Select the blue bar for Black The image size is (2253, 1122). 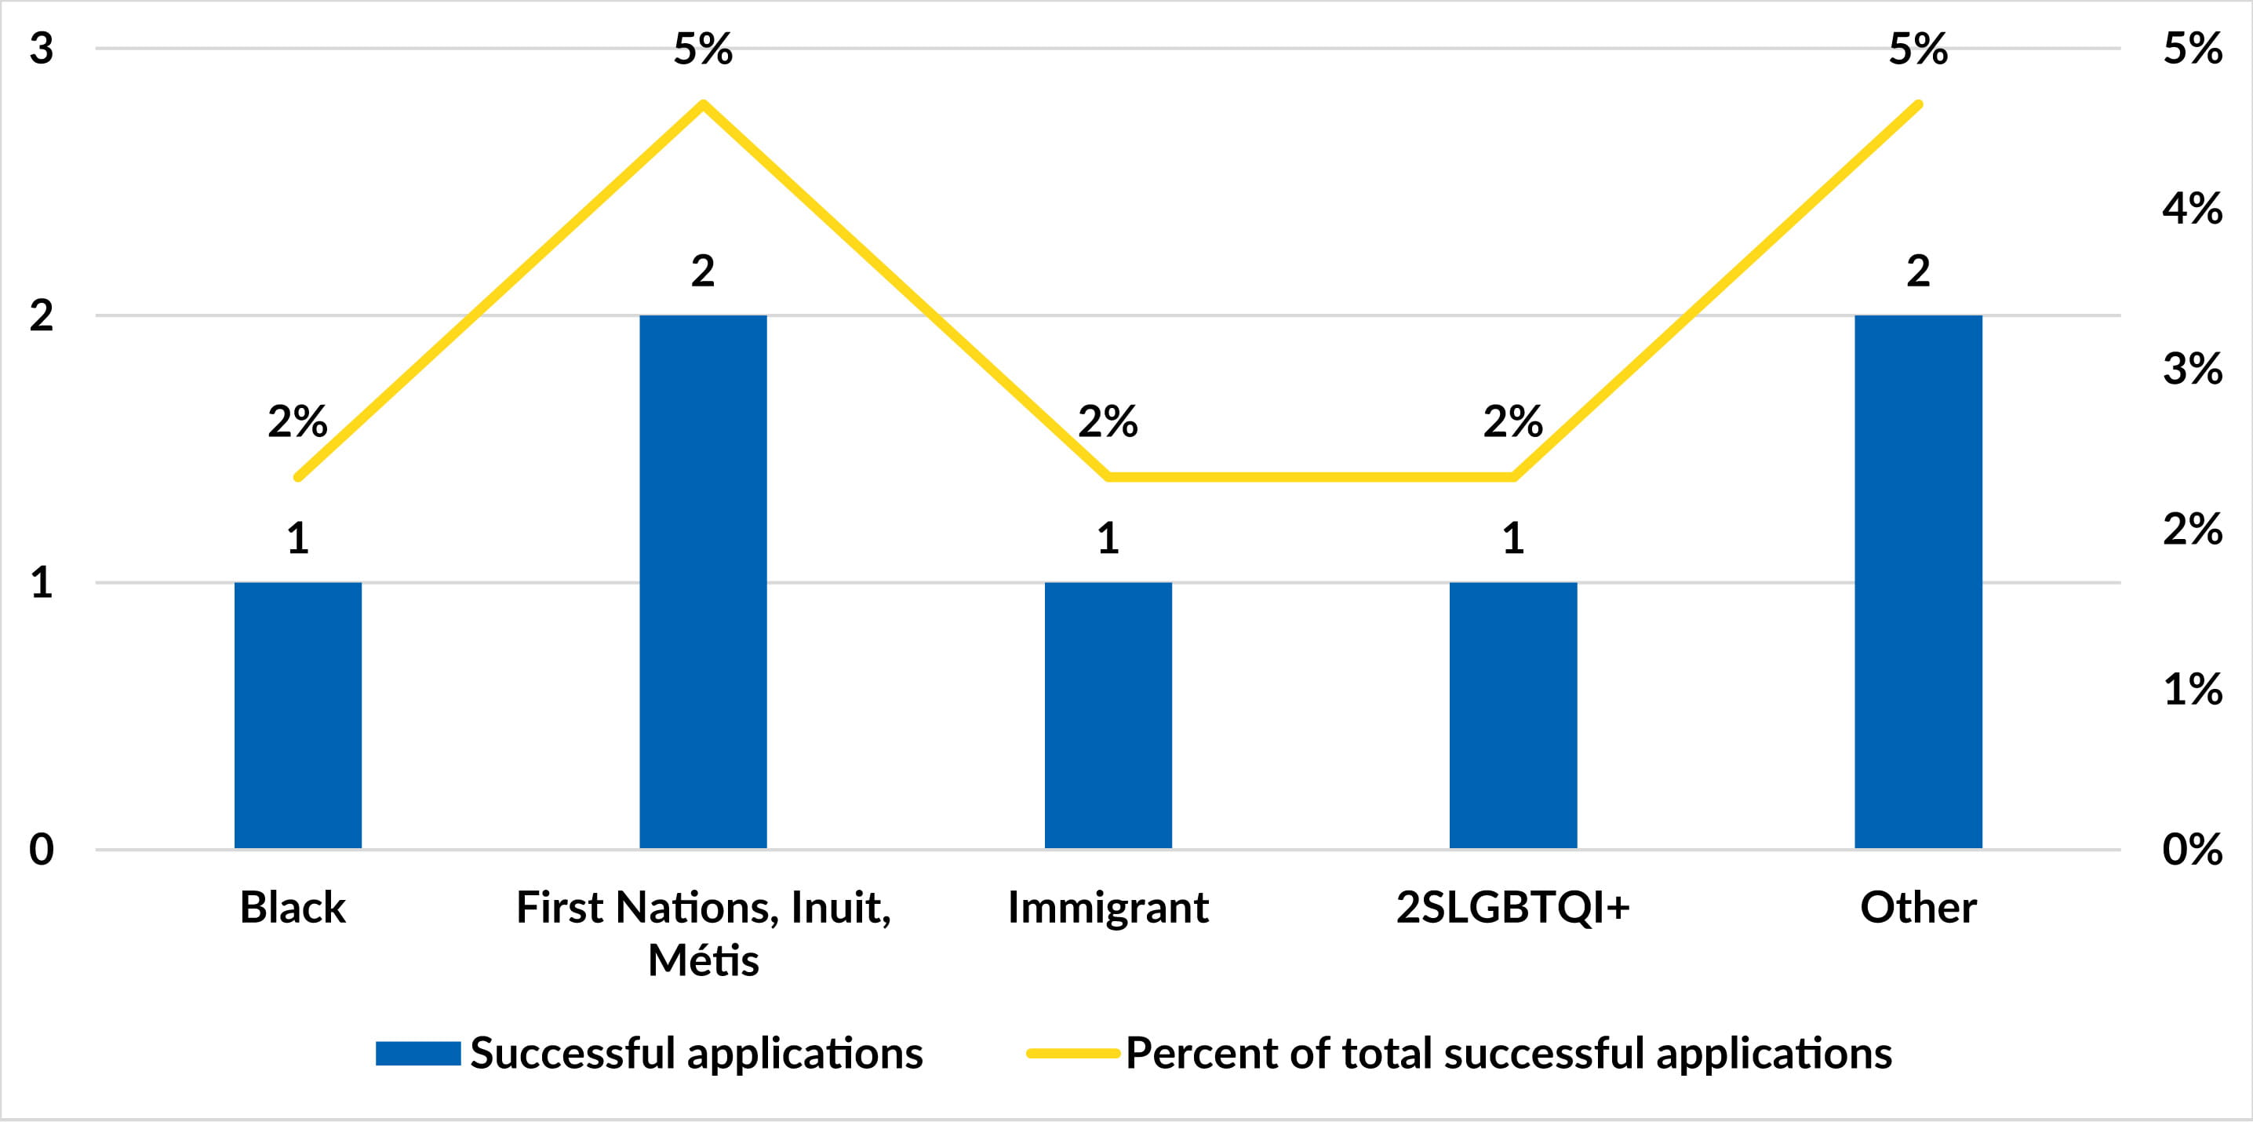tap(297, 715)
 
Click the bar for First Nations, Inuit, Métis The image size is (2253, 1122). tap(702, 581)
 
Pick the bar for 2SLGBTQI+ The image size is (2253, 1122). tap(1512, 715)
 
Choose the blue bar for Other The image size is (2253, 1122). tap(1917, 581)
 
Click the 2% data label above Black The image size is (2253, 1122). tap(297, 421)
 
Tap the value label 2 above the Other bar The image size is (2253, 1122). tap(1917, 271)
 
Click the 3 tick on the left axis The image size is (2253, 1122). tap(41, 48)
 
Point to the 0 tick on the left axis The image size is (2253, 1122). tap(41, 849)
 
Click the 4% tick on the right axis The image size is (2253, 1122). tap(2192, 208)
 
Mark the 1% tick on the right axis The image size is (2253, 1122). tap(2192, 689)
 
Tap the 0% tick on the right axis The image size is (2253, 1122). tap(2192, 849)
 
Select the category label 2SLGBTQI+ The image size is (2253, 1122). tap(1512, 907)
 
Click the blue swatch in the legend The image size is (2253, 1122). tap(418, 1053)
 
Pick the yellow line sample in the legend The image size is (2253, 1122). tap(1072, 1053)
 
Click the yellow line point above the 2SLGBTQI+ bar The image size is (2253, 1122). tap(1512, 476)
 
